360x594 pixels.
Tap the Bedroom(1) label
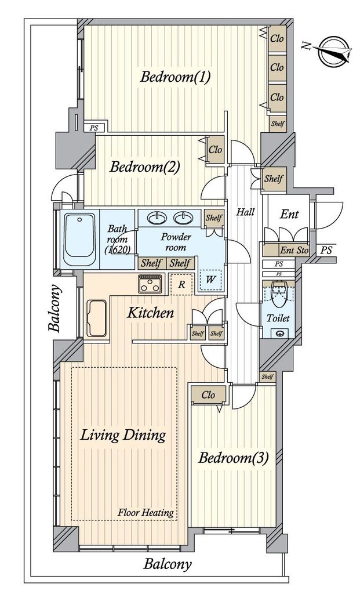click(175, 77)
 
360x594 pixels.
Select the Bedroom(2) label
click(144, 166)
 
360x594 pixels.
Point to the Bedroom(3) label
click(234, 459)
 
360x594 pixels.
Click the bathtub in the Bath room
click(79, 240)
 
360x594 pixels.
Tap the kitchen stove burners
click(150, 284)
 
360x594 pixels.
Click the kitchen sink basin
click(97, 318)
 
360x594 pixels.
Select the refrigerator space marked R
click(181, 284)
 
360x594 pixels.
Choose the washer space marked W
click(210, 280)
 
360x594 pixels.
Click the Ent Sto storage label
click(294, 251)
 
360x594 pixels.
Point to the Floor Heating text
click(146, 513)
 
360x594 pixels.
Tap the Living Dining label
click(123, 435)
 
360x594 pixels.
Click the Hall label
click(245, 212)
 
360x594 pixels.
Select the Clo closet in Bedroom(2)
click(216, 150)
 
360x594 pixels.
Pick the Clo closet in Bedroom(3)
click(209, 395)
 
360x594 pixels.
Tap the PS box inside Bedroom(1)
click(93, 128)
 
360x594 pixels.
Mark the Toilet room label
click(278, 318)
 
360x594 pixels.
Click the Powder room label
click(176, 242)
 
